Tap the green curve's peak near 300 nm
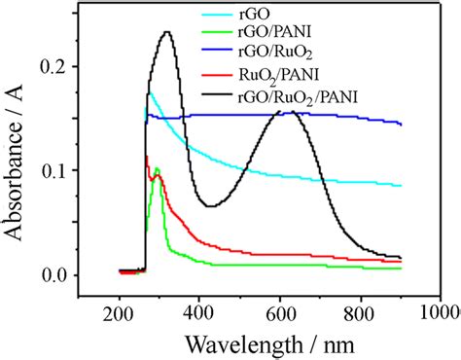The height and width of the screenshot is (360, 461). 157,169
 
